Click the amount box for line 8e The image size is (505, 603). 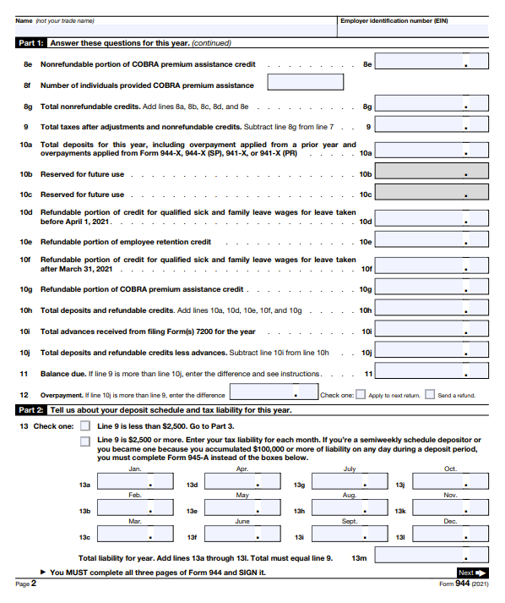point(432,63)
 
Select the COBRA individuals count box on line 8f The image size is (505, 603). point(305,83)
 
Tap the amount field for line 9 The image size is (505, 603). point(432,126)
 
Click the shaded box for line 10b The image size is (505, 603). point(432,173)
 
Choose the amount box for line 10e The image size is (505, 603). point(432,241)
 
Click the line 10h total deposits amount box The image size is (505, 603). point(432,310)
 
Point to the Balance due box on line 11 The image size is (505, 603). point(432,373)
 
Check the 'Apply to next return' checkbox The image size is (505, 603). point(361,394)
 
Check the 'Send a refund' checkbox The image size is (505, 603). point(430,394)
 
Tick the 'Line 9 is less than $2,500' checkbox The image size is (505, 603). point(85,426)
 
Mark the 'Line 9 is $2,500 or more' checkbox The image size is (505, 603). point(85,441)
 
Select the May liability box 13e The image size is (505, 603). point(237,511)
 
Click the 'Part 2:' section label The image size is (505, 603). point(30,410)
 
